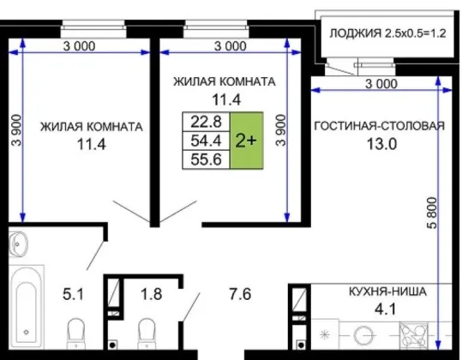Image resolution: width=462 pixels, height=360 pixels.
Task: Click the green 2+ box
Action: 246,141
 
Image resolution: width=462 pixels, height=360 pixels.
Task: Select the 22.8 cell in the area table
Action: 206,122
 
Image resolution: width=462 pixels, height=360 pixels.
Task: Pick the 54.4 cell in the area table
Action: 206,141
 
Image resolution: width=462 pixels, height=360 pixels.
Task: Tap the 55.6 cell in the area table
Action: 206,159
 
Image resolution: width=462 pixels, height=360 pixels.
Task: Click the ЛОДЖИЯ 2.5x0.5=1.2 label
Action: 387,33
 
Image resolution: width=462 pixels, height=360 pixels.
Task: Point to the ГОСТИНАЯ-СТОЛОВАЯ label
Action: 380,126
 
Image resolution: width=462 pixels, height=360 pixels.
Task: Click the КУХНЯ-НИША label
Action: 387,291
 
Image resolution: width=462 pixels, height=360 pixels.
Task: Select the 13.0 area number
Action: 381,144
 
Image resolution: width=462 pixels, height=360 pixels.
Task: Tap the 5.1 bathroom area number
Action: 74,294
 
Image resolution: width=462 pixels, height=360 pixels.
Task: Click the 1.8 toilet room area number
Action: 152,294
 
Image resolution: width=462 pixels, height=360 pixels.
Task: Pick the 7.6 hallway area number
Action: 240,294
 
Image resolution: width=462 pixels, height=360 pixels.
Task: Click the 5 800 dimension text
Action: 432,213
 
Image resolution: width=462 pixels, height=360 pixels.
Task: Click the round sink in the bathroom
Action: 18,244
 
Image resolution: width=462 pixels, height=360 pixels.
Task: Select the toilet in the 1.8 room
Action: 147,333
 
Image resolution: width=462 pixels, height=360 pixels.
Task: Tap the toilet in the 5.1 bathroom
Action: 76,333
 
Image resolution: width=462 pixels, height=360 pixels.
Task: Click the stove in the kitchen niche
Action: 413,336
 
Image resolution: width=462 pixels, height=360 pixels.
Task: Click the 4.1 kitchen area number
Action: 386,309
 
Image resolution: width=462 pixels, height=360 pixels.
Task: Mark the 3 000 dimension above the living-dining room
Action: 381,84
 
